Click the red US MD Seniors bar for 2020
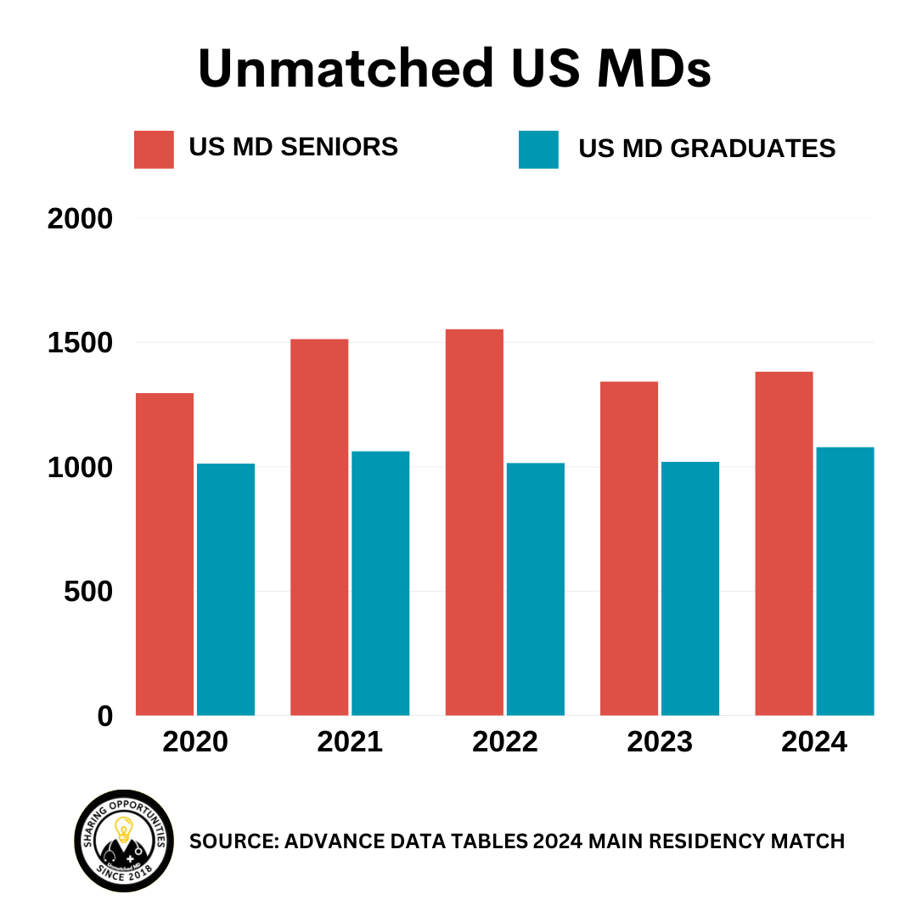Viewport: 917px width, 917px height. coord(165,554)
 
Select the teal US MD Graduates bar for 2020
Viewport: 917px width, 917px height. coord(226,589)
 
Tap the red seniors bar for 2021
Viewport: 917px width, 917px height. coord(319,526)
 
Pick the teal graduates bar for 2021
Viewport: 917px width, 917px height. coord(380,583)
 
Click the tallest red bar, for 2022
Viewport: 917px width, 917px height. coord(474,521)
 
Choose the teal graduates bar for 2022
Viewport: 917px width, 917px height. coord(535,589)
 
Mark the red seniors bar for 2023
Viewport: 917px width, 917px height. coord(629,548)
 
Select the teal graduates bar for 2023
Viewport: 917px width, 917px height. coord(690,588)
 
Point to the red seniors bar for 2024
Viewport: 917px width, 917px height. coord(784,543)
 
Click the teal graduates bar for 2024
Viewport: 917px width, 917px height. coord(845,581)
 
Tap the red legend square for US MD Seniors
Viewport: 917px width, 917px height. coord(154,149)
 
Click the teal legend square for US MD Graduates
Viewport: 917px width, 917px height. coord(538,149)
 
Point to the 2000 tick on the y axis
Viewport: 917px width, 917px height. coord(81,219)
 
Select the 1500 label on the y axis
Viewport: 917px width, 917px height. coord(81,343)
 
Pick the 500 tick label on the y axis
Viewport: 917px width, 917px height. coord(88,592)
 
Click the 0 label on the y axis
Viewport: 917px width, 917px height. coord(104,716)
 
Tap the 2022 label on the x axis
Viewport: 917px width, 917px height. coord(505,742)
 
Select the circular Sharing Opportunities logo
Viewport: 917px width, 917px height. coord(124,841)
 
